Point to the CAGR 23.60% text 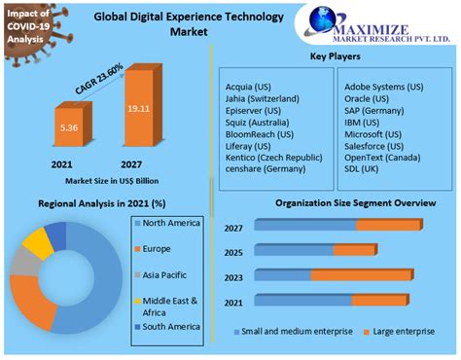coord(101,82)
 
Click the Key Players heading coord(337,57)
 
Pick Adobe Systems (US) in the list coord(384,86)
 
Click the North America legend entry coord(171,224)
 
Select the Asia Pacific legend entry coord(164,274)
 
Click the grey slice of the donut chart coord(23,267)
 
